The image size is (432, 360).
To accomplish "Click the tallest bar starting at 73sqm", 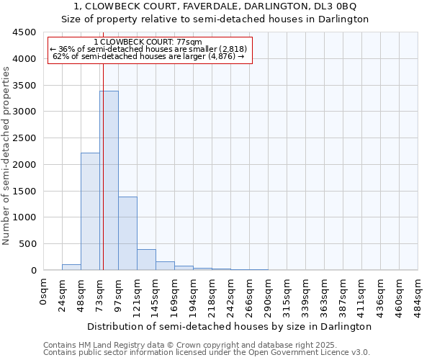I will [109, 180].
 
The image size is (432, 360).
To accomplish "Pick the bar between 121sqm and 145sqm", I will [146, 260].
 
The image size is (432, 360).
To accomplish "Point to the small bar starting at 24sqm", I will [71, 267].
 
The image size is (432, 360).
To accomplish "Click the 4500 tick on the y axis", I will [24, 32].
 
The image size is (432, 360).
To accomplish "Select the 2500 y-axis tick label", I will [24, 138].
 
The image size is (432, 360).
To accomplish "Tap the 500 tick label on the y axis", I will [27, 244].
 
